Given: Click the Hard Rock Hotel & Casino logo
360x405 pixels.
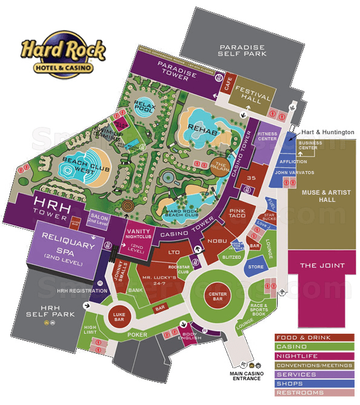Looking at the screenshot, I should click(63, 56).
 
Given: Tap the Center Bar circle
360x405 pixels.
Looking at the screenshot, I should click(217, 294).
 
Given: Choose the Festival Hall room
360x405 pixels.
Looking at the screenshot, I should click(250, 93).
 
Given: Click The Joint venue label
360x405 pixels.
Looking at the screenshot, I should click(322, 265).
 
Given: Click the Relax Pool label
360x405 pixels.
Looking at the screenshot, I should click(145, 106).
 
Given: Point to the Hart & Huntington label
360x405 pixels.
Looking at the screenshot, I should click(329, 131).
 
